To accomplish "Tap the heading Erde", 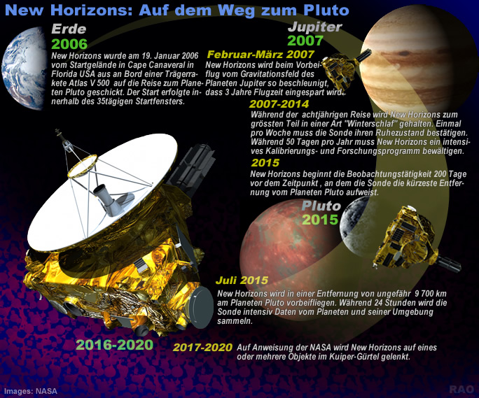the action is tap(69, 29).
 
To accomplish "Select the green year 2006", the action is tap(69, 44).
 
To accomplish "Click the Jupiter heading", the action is tap(314, 27).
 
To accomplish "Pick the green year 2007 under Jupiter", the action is tap(305, 41).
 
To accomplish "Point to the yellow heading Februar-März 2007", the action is tap(261, 55).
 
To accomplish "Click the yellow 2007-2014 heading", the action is tap(279, 104).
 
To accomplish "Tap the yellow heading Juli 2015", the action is tap(242, 280).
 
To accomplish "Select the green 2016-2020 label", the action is tap(115, 345).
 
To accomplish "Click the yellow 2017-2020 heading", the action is tap(202, 348).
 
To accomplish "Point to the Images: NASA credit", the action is tap(31, 391).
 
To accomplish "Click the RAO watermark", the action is tap(461, 390).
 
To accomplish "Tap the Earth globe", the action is tap(25, 68).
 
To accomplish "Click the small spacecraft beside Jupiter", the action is tap(344, 68).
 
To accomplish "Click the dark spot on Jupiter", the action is tap(404, 54).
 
